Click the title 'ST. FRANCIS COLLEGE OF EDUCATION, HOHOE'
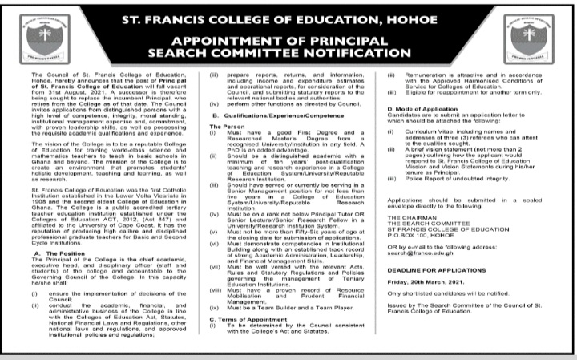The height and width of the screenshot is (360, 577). tap(288, 14)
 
